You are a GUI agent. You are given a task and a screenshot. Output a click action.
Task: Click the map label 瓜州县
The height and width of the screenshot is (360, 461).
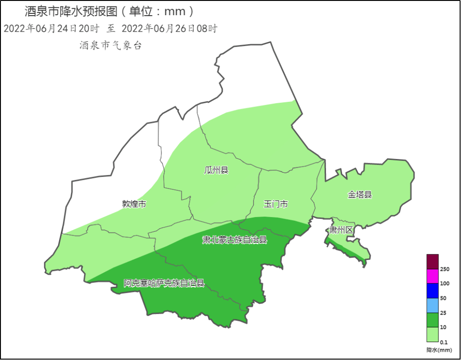pyautogui.click(x=216, y=170)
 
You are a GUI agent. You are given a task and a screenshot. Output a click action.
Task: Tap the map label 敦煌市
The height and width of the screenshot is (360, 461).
pyautogui.click(x=134, y=204)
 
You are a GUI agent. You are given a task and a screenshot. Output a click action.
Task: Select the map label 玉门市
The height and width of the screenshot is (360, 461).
pyautogui.click(x=276, y=204)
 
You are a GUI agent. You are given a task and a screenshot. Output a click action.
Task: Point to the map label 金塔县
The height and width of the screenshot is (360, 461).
pyautogui.click(x=360, y=195)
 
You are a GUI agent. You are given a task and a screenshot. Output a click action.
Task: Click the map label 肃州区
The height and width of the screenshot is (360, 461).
pyautogui.click(x=341, y=230)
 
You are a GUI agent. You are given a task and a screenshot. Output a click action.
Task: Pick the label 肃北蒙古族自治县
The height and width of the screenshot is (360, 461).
pyautogui.click(x=235, y=240)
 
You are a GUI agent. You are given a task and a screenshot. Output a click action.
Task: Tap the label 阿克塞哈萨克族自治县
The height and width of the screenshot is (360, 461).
pyautogui.click(x=164, y=283)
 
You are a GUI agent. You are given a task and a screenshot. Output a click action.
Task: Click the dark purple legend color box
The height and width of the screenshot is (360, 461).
pyautogui.click(x=432, y=261)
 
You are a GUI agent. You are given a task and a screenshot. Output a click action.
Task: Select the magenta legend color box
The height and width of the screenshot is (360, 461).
pyautogui.click(x=432, y=276)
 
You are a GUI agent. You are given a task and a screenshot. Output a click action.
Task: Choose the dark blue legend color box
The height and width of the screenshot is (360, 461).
pyautogui.click(x=432, y=290)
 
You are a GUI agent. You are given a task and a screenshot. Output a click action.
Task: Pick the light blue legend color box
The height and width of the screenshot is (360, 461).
pyautogui.click(x=432, y=305)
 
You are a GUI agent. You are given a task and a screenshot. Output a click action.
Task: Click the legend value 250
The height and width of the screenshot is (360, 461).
pyautogui.click(x=445, y=269)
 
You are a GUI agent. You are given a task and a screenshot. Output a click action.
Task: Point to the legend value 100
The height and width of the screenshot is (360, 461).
pyautogui.click(x=445, y=283)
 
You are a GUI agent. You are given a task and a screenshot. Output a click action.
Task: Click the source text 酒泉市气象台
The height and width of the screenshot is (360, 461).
pyautogui.click(x=110, y=45)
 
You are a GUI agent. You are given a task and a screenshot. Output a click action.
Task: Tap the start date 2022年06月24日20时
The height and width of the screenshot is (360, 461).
pyautogui.click(x=52, y=29)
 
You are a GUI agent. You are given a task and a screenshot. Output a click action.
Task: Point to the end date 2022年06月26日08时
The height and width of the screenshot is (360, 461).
pyautogui.click(x=169, y=29)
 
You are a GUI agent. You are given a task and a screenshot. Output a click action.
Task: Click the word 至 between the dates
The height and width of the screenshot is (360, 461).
pyautogui.click(x=111, y=29)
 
